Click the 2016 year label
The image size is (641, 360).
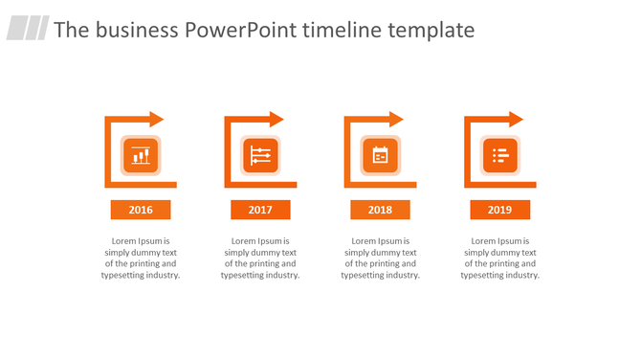pos(141,210)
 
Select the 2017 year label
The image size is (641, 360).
pos(260,210)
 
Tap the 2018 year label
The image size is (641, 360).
pos(380,210)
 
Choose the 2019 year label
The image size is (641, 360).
pos(499,210)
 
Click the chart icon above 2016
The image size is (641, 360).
pos(141,155)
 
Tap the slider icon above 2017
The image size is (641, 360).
pos(260,155)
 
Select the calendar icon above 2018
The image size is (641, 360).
pos(380,155)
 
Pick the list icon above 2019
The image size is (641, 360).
pos(499,155)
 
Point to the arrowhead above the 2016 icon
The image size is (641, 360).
pos(157,119)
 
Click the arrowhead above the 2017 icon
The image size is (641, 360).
pos(276,119)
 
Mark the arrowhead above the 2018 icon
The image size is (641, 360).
pos(396,119)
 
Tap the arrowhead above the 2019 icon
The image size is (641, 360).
pos(516,119)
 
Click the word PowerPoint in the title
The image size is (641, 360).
pos(240,30)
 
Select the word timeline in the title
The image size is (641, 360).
pos(341,30)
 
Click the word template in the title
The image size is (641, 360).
pos(431,30)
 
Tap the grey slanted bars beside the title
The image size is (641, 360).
pos(28,29)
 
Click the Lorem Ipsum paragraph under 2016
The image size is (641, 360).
pos(141,258)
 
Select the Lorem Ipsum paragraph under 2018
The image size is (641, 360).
pos(380,258)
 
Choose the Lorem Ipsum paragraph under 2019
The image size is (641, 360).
pos(499,258)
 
